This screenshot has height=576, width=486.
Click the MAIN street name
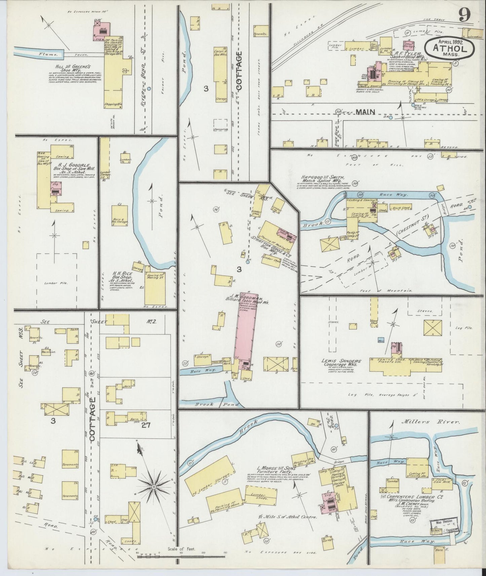click(x=365, y=112)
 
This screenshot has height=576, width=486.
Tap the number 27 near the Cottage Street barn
click(x=146, y=425)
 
